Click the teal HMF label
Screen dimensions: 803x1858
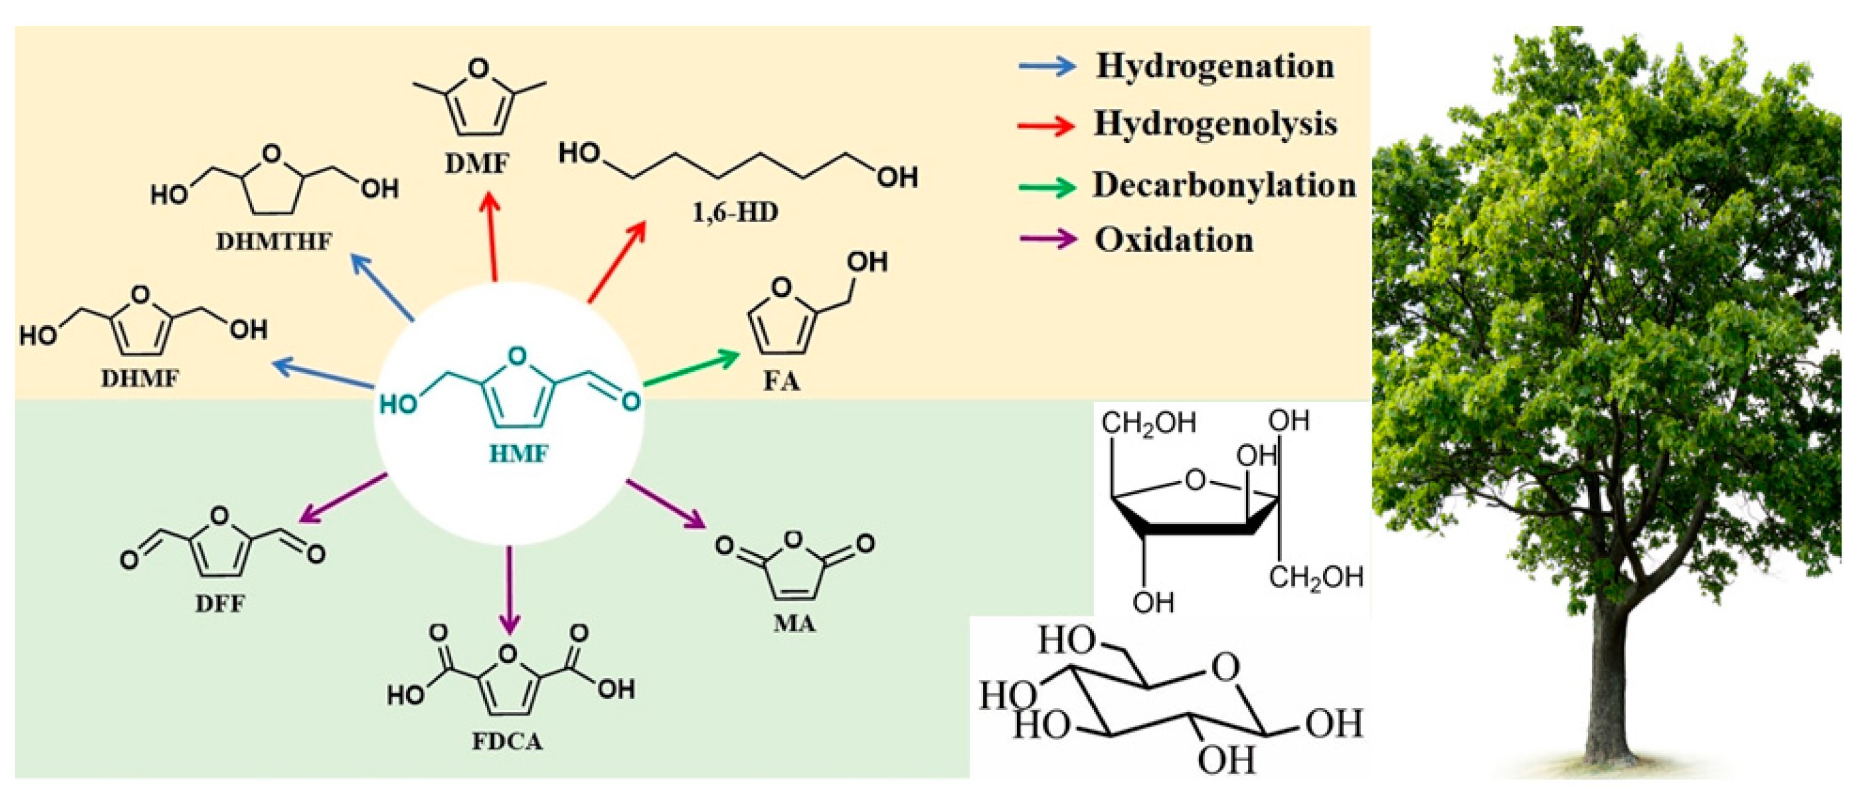pos(519,454)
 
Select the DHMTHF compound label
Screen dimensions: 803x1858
pos(274,241)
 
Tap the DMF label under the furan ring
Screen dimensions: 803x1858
pos(476,164)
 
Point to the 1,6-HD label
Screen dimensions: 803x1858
pos(735,212)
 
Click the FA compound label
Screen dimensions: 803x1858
pos(782,381)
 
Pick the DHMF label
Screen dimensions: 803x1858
pos(139,379)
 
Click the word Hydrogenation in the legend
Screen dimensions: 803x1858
pos(1215,67)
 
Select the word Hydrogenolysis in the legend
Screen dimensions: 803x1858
pos(1215,124)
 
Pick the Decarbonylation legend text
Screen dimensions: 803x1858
pos(1224,185)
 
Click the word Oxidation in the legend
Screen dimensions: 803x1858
pos(1174,240)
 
